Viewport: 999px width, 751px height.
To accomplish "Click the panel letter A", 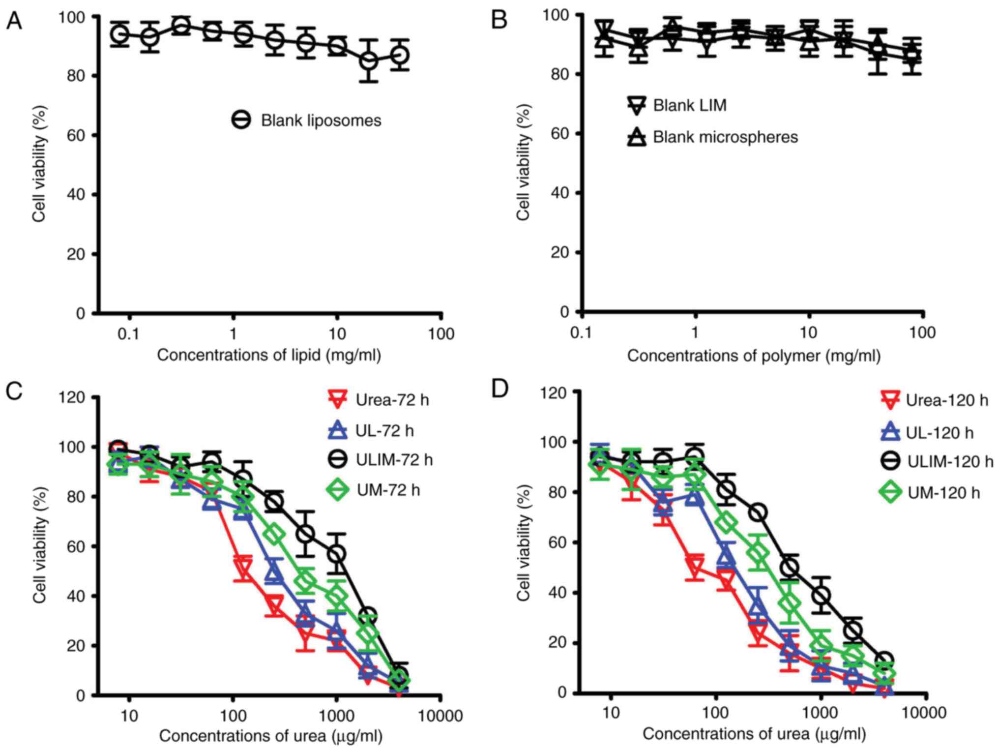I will click(14, 22).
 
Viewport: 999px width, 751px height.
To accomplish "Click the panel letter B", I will click(499, 21).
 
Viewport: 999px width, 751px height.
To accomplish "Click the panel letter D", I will click(500, 389).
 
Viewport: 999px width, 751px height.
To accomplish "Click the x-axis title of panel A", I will click(269, 355).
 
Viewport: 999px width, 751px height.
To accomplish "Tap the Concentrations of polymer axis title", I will click(753, 356).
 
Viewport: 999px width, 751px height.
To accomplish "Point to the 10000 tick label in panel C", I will click(440, 716).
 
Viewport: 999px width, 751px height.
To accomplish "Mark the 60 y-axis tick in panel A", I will click(76, 135).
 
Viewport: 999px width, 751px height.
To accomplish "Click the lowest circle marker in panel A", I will click(369, 61).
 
